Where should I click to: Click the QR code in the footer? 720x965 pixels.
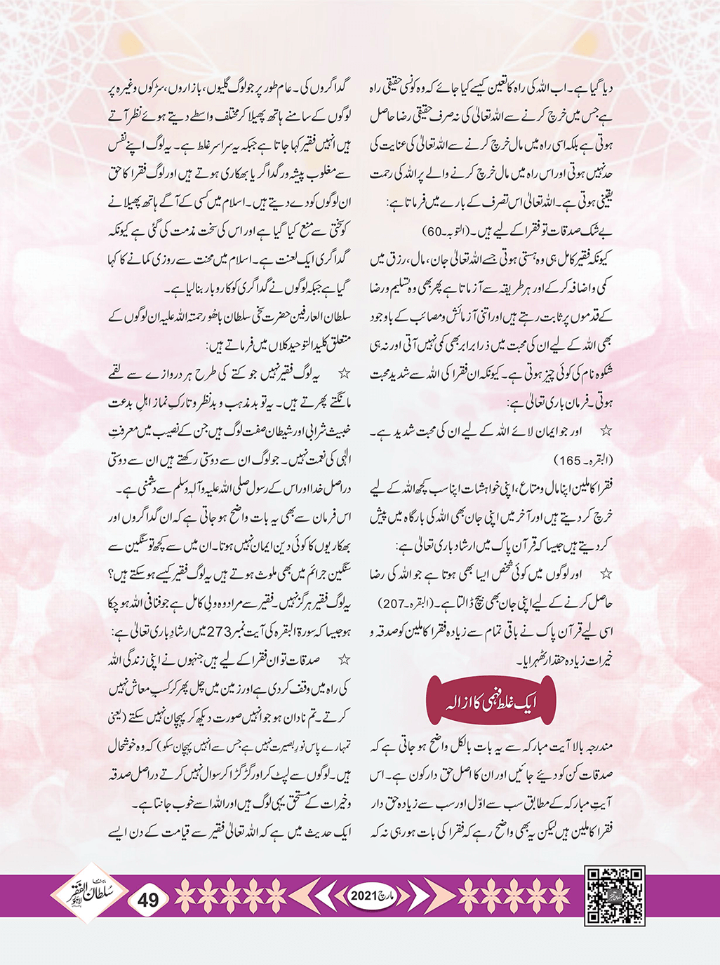tap(615, 896)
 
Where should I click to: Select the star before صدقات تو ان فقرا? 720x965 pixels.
tap(345, 659)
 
